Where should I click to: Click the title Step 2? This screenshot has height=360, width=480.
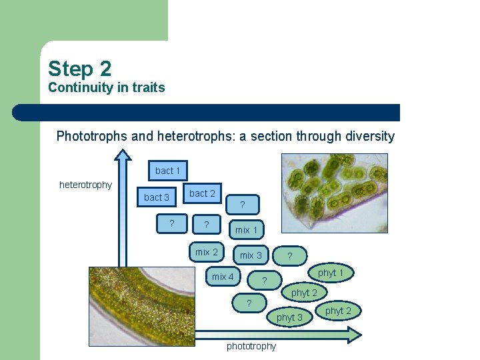79,69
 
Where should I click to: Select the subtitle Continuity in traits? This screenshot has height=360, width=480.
106,88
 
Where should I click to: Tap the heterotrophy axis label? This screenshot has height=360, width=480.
85,185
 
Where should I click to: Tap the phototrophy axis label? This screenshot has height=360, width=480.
251,346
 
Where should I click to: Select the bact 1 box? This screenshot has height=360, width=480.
168,171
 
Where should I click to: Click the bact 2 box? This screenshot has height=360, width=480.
202,193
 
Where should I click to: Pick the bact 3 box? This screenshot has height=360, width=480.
157,197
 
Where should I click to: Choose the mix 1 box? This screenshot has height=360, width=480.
246,230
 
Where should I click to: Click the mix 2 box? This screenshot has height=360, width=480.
206,252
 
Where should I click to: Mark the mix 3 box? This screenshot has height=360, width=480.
251,255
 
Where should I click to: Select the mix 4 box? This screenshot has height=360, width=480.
223,277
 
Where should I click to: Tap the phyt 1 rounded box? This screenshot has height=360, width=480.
330,273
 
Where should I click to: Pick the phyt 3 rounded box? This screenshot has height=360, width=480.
289,317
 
